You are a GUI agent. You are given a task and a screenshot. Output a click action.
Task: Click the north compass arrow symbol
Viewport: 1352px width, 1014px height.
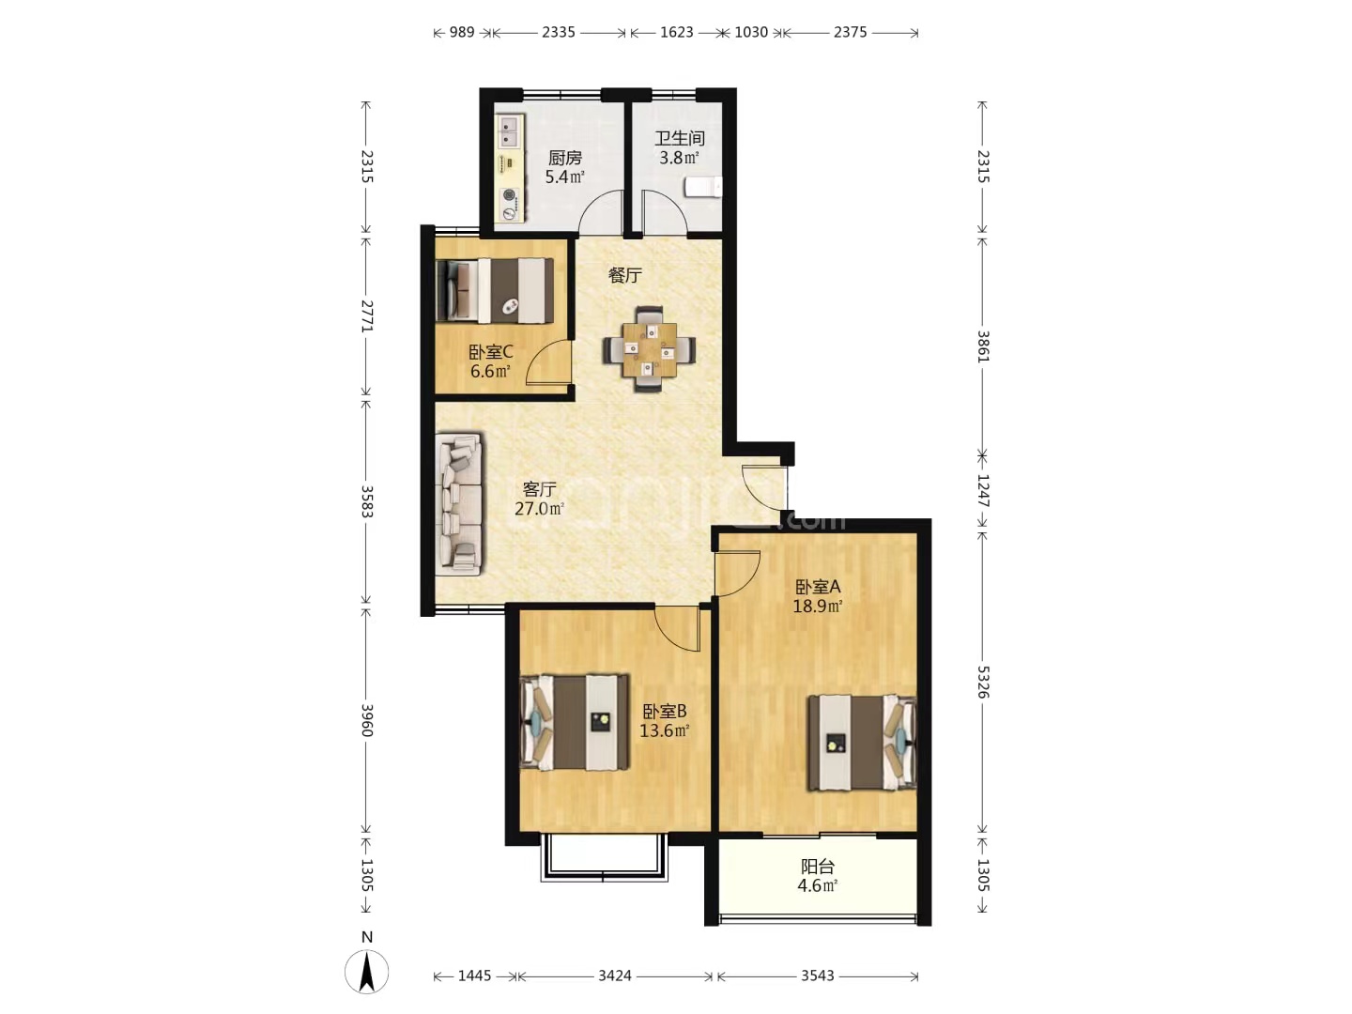click(x=366, y=972)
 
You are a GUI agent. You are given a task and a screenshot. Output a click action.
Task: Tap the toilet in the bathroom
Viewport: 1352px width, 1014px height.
click(x=703, y=187)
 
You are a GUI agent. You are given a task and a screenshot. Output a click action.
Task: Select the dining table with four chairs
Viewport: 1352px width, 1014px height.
click(x=649, y=349)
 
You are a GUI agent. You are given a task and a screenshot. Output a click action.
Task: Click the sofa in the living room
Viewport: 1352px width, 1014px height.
click(x=458, y=504)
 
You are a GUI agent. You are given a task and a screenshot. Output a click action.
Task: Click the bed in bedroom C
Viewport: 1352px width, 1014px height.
click(x=495, y=291)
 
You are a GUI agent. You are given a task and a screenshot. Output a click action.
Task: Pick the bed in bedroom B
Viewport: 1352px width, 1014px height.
click(x=574, y=722)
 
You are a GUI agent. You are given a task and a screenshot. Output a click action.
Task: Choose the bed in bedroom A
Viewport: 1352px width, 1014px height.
click(x=862, y=743)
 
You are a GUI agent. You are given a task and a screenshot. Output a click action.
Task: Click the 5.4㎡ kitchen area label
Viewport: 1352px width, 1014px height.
click(x=565, y=177)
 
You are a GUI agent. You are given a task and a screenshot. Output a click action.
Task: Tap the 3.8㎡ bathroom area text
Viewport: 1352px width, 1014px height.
click(x=680, y=159)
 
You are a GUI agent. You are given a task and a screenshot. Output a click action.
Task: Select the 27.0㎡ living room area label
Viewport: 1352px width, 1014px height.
click(x=540, y=509)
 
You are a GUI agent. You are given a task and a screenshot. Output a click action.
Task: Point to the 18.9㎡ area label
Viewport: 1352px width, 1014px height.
click(x=818, y=606)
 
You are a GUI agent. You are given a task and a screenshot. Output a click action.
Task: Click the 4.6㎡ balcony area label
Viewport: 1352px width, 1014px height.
click(x=818, y=885)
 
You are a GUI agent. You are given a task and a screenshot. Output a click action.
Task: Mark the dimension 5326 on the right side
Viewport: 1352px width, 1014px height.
click(x=982, y=682)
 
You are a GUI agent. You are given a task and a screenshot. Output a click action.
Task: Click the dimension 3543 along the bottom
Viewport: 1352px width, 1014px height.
click(x=818, y=976)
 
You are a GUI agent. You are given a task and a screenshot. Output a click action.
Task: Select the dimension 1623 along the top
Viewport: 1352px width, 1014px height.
click(x=677, y=32)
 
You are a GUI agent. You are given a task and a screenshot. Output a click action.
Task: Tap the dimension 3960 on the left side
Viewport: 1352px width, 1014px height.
click(x=366, y=720)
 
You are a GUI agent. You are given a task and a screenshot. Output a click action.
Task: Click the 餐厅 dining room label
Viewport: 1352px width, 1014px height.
click(x=624, y=275)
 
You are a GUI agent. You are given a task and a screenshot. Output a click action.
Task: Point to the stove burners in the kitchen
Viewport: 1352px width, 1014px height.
click(x=510, y=205)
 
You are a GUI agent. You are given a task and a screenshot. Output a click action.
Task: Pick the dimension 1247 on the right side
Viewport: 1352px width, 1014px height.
click(x=982, y=491)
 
